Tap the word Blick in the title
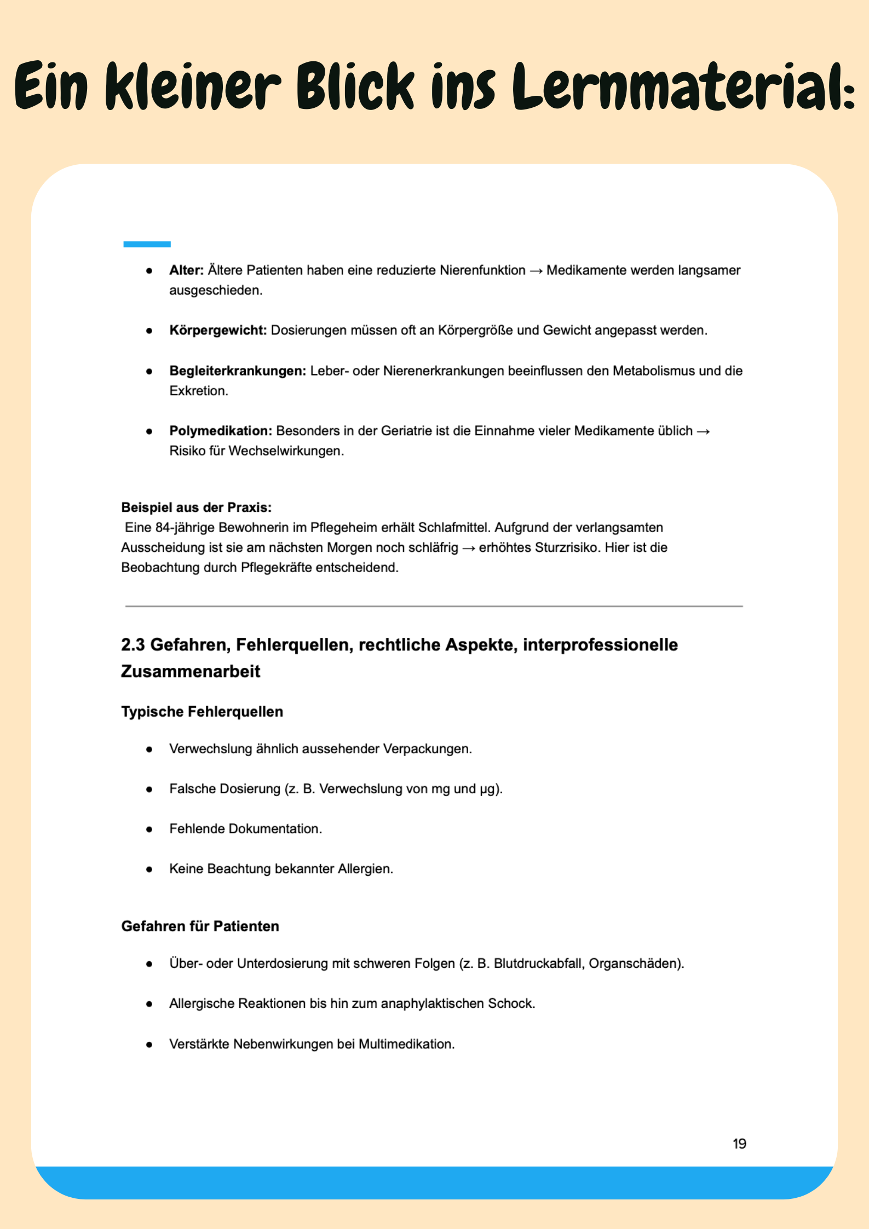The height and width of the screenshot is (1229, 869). pos(355,86)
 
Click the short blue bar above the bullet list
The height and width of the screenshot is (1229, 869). pos(147,244)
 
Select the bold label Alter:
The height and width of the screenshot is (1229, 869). pos(186,270)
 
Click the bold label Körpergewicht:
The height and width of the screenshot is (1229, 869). pos(218,331)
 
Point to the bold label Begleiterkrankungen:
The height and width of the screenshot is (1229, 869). pos(238,371)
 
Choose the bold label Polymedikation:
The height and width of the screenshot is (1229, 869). pos(221,431)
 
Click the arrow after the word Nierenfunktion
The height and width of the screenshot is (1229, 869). pos(536,271)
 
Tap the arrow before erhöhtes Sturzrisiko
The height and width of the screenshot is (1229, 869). pos(469,548)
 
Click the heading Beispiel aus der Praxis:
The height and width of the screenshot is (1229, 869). pos(197,507)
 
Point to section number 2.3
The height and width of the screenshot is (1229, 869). pos(133,645)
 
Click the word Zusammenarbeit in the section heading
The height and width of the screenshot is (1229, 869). pos(191,672)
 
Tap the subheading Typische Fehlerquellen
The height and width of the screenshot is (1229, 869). pos(202,712)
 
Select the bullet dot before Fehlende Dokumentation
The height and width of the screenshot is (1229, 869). pos(149,829)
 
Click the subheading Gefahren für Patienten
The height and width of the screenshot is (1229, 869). pos(200,926)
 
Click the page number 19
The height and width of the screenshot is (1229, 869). pos(739,1144)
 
